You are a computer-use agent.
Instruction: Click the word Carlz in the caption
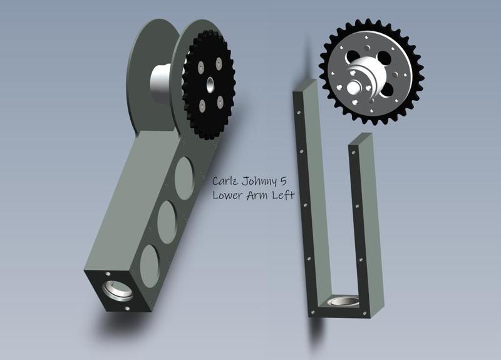click(x=225, y=181)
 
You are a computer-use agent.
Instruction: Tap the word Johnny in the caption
click(x=259, y=182)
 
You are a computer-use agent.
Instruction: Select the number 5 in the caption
click(x=283, y=181)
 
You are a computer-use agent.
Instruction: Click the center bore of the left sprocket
click(x=210, y=85)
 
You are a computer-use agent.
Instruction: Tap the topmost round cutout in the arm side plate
click(x=184, y=178)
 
